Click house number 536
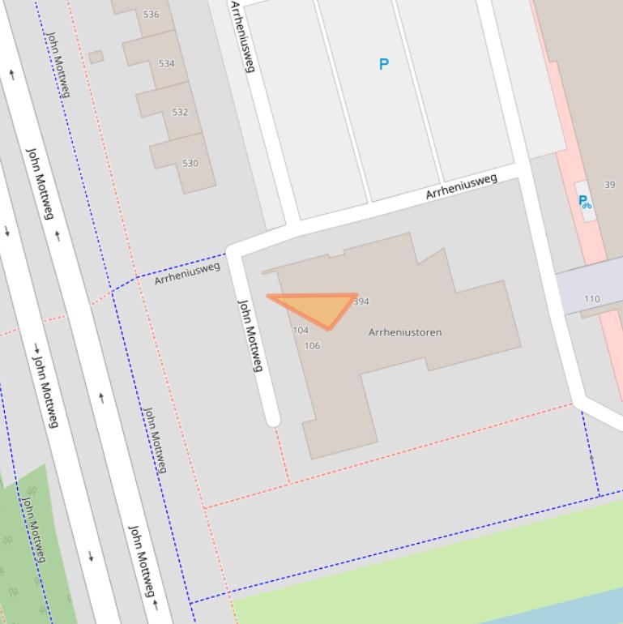click(x=151, y=15)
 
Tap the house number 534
click(x=166, y=63)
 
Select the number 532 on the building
click(x=180, y=112)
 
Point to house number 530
click(x=190, y=163)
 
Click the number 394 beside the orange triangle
click(x=361, y=301)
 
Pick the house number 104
click(x=301, y=330)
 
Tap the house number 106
click(x=312, y=346)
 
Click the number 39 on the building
click(x=609, y=185)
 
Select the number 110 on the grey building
click(x=592, y=299)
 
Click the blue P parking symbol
click(x=384, y=64)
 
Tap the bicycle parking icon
click(x=584, y=202)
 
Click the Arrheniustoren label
click(x=405, y=332)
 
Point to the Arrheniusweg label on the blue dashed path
click(x=187, y=272)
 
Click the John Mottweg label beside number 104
click(x=250, y=336)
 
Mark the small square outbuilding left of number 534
click(x=96, y=57)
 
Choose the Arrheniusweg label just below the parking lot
click(x=462, y=187)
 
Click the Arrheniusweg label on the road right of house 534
click(x=242, y=36)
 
